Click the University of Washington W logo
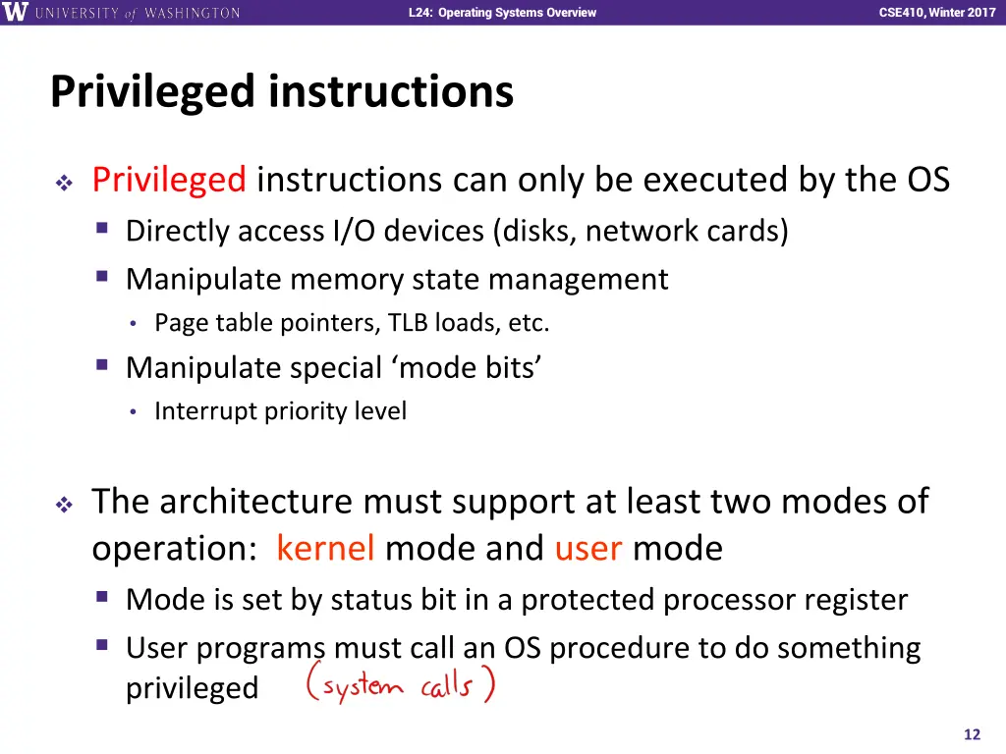pyautogui.click(x=17, y=13)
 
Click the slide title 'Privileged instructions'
pyautogui.click(x=282, y=91)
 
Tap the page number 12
pyautogui.click(x=973, y=734)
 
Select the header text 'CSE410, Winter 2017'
pyautogui.click(x=936, y=13)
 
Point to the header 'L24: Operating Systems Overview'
pyautogui.click(x=502, y=13)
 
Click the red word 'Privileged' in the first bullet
pyautogui.click(x=168, y=180)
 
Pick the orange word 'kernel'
pyautogui.click(x=325, y=548)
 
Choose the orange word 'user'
pyautogui.click(x=588, y=548)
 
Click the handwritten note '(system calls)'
pyautogui.click(x=400, y=683)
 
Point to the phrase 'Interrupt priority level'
pyautogui.click(x=280, y=410)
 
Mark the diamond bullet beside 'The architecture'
pyautogui.click(x=64, y=505)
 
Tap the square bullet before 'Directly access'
pyautogui.click(x=102, y=230)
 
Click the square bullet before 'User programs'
pyautogui.click(x=102, y=646)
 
